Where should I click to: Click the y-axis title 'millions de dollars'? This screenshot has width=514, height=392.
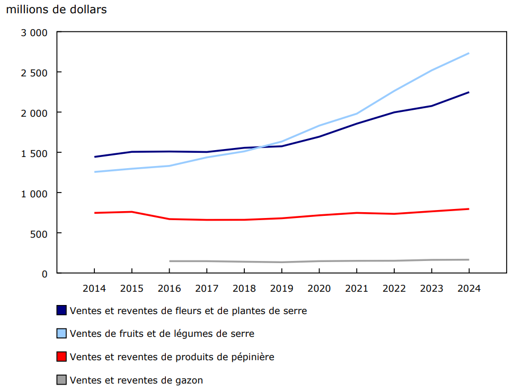[x=57, y=10]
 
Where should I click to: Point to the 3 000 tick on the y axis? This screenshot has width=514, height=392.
[x=34, y=32]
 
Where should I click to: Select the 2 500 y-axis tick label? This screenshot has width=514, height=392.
[x=34, y=73]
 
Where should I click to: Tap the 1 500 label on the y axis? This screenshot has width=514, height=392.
[x=34, y=153]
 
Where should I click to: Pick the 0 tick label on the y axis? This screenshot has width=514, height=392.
[x=45, y=274]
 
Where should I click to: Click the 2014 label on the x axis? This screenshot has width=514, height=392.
[x=94, y=289]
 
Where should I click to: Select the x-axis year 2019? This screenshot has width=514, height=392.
[x=281, y=289]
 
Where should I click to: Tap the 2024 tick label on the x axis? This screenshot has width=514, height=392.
[x=468, y=289]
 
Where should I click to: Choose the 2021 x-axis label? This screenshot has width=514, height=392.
[x=356, y=289]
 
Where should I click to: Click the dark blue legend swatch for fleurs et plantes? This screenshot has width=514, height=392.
[x=61, y=310]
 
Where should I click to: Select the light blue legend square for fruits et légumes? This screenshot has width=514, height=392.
[x=61, y=334]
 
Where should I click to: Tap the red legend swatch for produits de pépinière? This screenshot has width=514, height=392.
[x=61, y=357]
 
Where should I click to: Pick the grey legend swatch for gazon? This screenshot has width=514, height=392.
[x=61, y=380]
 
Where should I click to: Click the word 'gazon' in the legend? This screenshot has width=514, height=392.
[x=189, y=380]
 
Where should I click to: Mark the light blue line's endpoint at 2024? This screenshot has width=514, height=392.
[x=468, y=53]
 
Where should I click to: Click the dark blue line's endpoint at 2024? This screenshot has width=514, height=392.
[x=468, y=92]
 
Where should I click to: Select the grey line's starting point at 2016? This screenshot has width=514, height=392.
[x=170, y=261]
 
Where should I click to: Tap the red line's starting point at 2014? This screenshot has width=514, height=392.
[x=95, y=213]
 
